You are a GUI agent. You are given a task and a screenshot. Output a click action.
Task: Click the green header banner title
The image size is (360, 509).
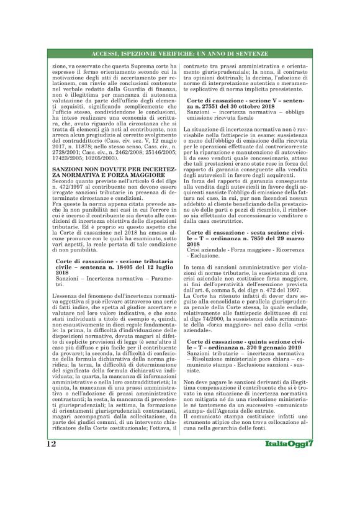(180, 53)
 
